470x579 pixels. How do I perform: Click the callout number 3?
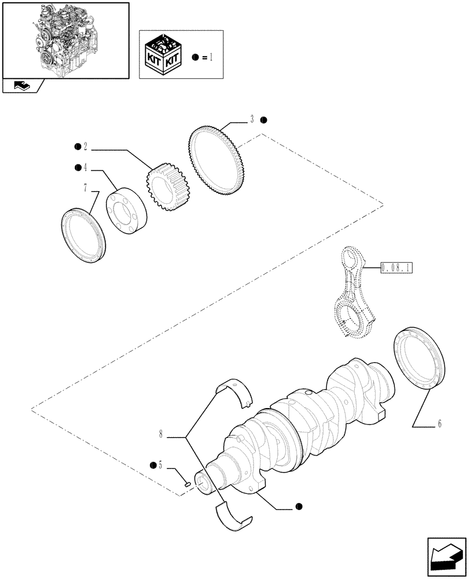(x=252, y=120)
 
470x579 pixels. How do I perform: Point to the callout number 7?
(x=86, y=189)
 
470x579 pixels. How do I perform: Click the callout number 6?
(x=439, y=424)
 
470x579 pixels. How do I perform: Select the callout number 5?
(x=161, y=466)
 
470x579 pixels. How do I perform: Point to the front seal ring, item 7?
(x=84, y=236)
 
